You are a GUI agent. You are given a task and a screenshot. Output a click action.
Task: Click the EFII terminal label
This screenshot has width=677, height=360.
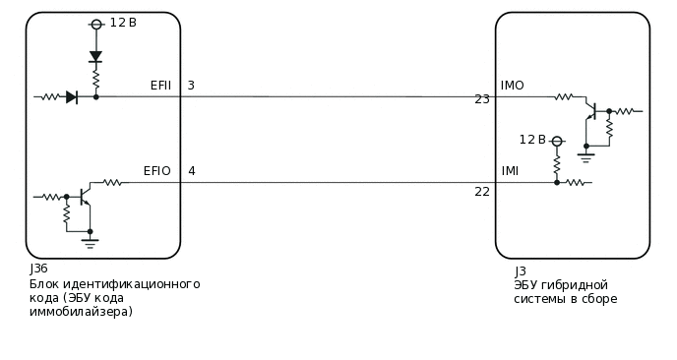160,86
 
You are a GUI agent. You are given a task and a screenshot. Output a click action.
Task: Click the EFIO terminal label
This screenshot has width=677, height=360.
156,171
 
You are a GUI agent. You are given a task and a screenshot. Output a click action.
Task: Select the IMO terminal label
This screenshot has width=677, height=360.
512,86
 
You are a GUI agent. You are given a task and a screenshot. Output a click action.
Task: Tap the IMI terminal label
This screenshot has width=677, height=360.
510,171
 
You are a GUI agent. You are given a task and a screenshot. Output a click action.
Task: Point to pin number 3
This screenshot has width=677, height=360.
191,86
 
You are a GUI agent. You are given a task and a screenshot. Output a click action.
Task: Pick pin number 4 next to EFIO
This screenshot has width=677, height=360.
191,171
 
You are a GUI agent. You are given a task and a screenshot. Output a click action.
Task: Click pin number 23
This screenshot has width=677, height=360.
482,99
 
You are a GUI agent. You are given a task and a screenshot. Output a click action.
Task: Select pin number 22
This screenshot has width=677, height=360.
482,192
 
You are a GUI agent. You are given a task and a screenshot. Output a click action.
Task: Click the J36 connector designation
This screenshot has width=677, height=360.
38,269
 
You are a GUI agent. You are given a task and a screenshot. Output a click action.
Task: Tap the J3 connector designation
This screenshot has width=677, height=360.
521,271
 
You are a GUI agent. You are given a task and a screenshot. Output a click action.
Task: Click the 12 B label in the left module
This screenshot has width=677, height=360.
123,23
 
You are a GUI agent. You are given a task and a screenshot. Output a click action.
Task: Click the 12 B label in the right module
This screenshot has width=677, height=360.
532,140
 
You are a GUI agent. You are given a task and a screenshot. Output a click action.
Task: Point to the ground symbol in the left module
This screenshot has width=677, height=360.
90,238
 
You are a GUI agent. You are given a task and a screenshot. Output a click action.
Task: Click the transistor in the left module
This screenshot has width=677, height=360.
83,196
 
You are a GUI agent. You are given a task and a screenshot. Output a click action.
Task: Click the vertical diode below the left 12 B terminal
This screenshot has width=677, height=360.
95,56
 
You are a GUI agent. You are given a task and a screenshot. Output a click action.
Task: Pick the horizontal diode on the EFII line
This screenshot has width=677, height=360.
72,96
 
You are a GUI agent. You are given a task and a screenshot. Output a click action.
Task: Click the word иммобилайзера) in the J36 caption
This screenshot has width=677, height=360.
81,312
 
